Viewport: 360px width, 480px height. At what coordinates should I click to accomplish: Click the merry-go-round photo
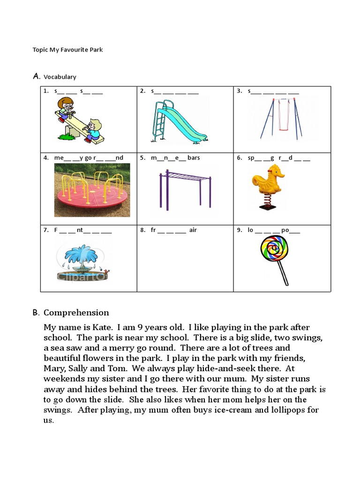tap(92, 190)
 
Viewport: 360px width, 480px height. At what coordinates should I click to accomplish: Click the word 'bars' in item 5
tap(194, 158)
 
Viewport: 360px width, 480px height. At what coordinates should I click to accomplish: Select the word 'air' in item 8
tap(193, 230)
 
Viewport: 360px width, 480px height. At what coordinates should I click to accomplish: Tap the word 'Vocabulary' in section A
tap(60, 77)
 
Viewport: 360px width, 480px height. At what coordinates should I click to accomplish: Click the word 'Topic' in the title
tap(40, 49)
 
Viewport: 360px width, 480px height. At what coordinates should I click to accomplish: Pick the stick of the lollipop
tap(282, 272)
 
